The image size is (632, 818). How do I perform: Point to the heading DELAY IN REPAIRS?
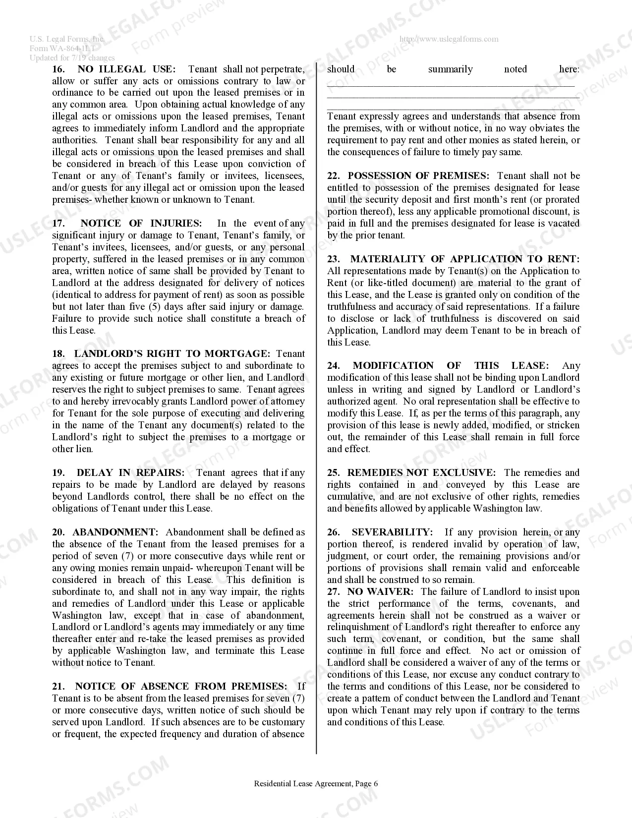pos(130,473)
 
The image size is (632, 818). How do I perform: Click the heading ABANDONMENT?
pos(115,532)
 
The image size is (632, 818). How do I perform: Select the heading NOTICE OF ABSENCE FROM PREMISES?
pos(181,687)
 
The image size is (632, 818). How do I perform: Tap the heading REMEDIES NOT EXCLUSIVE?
pos(421,473)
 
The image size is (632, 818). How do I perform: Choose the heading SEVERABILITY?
pos(392,532)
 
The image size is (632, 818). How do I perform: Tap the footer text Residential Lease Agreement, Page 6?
pos(316,784)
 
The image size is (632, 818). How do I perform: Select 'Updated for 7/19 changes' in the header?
pos(72,58)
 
